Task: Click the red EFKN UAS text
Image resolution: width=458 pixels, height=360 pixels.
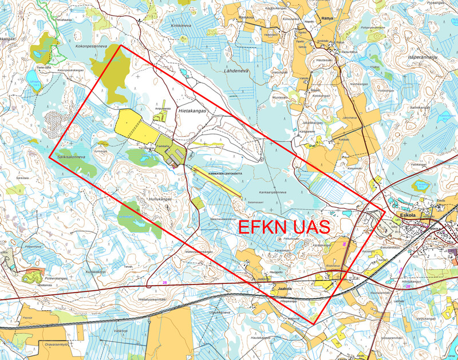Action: click(284, 226)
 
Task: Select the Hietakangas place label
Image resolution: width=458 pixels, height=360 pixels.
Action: click(191, 108)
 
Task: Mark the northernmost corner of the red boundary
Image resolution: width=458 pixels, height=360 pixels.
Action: click(120, 46)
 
